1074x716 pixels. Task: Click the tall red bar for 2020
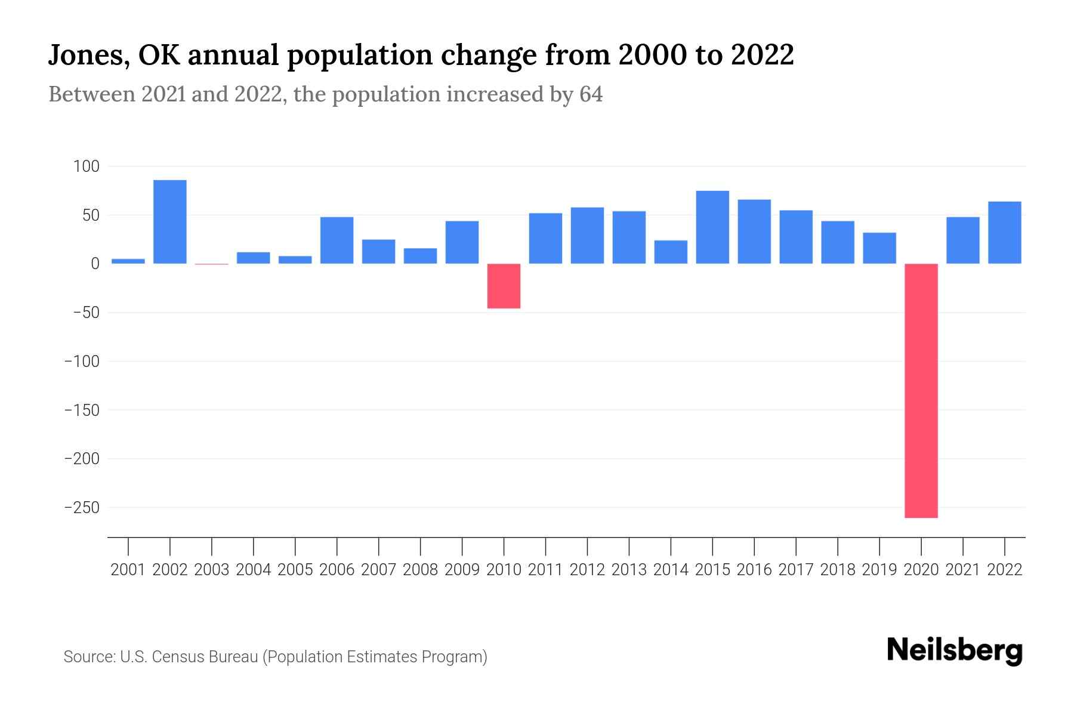(x=921, y=391)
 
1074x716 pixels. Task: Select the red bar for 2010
(x=504, y=286)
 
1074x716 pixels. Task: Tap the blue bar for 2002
(x=170, y=221)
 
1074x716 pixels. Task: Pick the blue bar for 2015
(x=712, y=227)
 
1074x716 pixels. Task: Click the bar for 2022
(x=1004, y=233)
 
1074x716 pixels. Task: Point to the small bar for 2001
(x=128, y=261)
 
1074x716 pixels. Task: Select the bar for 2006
(x=337, y=240)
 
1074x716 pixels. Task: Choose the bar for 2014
(x=671, y=252)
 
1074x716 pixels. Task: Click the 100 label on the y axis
(x=86, y=166)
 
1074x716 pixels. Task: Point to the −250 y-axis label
(x=82, y=508)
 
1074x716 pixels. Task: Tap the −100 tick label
(x=82, y=362)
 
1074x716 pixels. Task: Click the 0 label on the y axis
(x=95, y=264)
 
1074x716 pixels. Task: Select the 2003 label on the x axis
(x=212, y=570)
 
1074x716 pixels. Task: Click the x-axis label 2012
(x=587, y=570)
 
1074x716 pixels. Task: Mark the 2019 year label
(x=879, y=570)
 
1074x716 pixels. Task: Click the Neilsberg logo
(x=955, y=650)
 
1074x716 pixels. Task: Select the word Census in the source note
(x=178, y=657)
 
